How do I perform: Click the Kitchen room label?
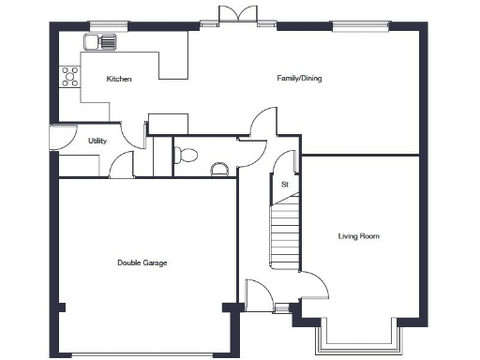[119, 80]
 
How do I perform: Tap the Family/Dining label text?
[299, 79]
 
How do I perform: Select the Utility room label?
[97, 142]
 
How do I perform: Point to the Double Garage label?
[142, 263]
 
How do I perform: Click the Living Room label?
[358, 236]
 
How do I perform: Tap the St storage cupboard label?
[284, 185]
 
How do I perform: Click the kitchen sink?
[99, 42]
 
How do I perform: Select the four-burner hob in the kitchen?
[69, 76]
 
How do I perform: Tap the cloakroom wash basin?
[219, 169]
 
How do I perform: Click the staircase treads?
[285, 234]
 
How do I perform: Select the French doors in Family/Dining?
[235, 16]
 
